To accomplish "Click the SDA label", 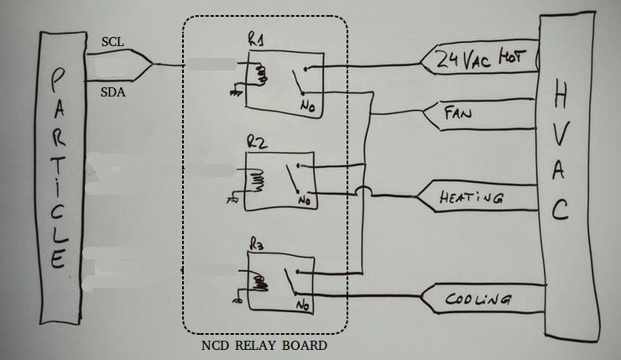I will (112, 92).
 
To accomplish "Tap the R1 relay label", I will (256, 39).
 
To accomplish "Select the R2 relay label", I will (257, 143).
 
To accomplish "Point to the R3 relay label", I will (257, 245).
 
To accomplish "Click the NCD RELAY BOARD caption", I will (264, 345).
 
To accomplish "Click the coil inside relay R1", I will (258, 76).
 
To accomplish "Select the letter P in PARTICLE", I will (56, 82).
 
